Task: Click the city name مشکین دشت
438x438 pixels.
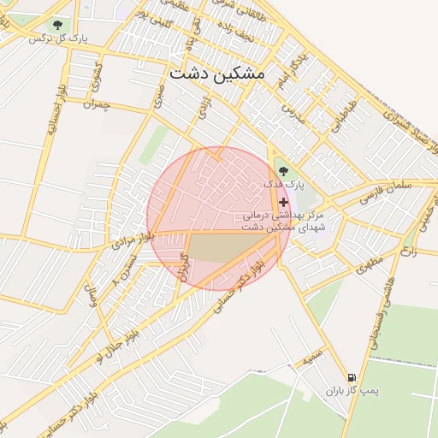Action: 217,74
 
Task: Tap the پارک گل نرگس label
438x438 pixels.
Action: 57,38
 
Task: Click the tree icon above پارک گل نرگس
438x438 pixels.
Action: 57,26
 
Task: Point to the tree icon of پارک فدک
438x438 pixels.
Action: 283,171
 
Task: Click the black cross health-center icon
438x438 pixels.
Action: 283,203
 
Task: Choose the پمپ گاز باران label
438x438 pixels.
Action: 351,390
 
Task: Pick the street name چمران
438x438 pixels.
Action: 98,104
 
